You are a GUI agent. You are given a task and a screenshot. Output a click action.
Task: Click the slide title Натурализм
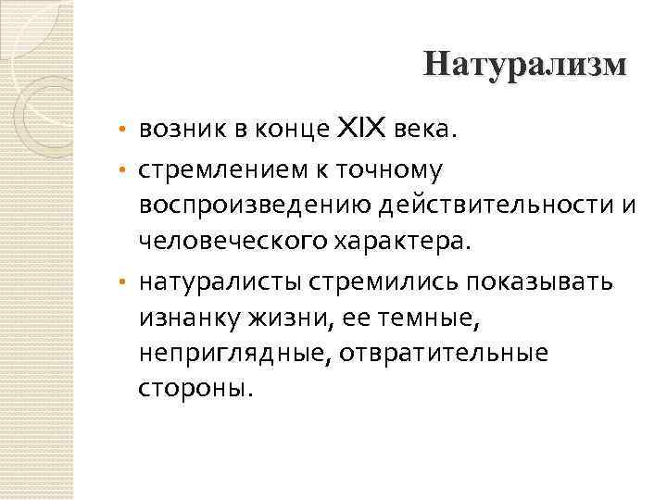point(524,65)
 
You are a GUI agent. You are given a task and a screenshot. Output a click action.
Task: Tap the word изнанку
point(189,316)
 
